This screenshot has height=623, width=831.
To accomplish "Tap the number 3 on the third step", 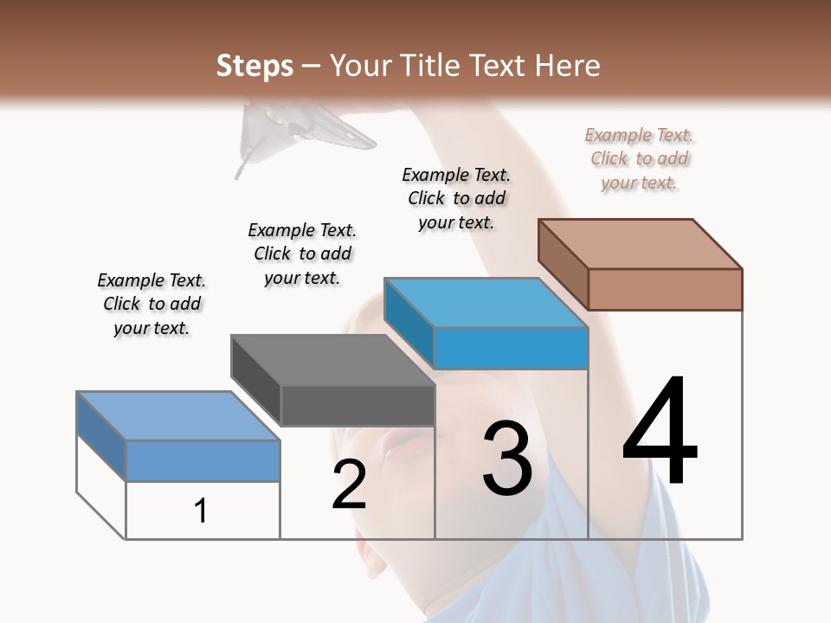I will click(507, 459).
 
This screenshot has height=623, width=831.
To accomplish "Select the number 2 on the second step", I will click(349, 485).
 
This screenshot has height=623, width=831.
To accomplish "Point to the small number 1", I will click(201, 511).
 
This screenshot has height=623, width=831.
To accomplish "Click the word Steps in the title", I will click(254, 66).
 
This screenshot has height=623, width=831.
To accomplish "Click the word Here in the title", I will click(569, 66).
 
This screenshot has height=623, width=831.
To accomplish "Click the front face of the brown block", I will click(665, 289).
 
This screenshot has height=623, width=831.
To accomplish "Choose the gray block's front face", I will click(358, 405).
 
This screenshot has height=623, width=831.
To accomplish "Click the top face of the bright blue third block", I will click(486, 303).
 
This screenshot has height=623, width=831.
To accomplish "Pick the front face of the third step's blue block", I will click(511, 348).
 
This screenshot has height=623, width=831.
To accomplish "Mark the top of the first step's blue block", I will click(178, 416).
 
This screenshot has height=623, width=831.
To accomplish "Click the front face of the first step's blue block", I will click(203, 460).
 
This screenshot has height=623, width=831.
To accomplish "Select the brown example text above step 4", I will click(640, 158).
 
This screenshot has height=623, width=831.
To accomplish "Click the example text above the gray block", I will click(302, 254).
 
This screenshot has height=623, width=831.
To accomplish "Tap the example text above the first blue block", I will click(151, 304).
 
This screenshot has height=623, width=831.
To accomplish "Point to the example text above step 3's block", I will click(456, 198).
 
